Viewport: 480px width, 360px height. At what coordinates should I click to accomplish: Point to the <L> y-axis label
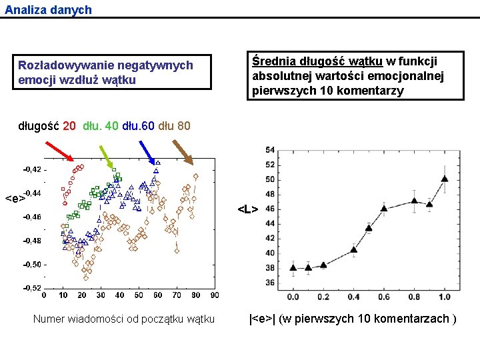click(248, 209)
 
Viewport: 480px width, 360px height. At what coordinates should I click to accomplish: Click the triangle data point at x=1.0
click(444, 179)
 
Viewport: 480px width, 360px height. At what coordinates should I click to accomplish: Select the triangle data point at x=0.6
click(384, 209)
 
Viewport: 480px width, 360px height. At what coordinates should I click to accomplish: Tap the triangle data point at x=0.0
click(293, 268)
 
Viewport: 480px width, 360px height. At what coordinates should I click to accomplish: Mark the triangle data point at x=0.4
click(354, 250)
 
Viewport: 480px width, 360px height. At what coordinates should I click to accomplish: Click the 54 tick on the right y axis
click(270, 150)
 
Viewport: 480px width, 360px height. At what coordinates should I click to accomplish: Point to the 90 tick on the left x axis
click(215, 295)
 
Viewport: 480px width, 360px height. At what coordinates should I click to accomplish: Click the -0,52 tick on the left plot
click(32, 288)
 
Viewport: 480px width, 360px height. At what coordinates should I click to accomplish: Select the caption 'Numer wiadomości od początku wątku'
click(124, 319)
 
